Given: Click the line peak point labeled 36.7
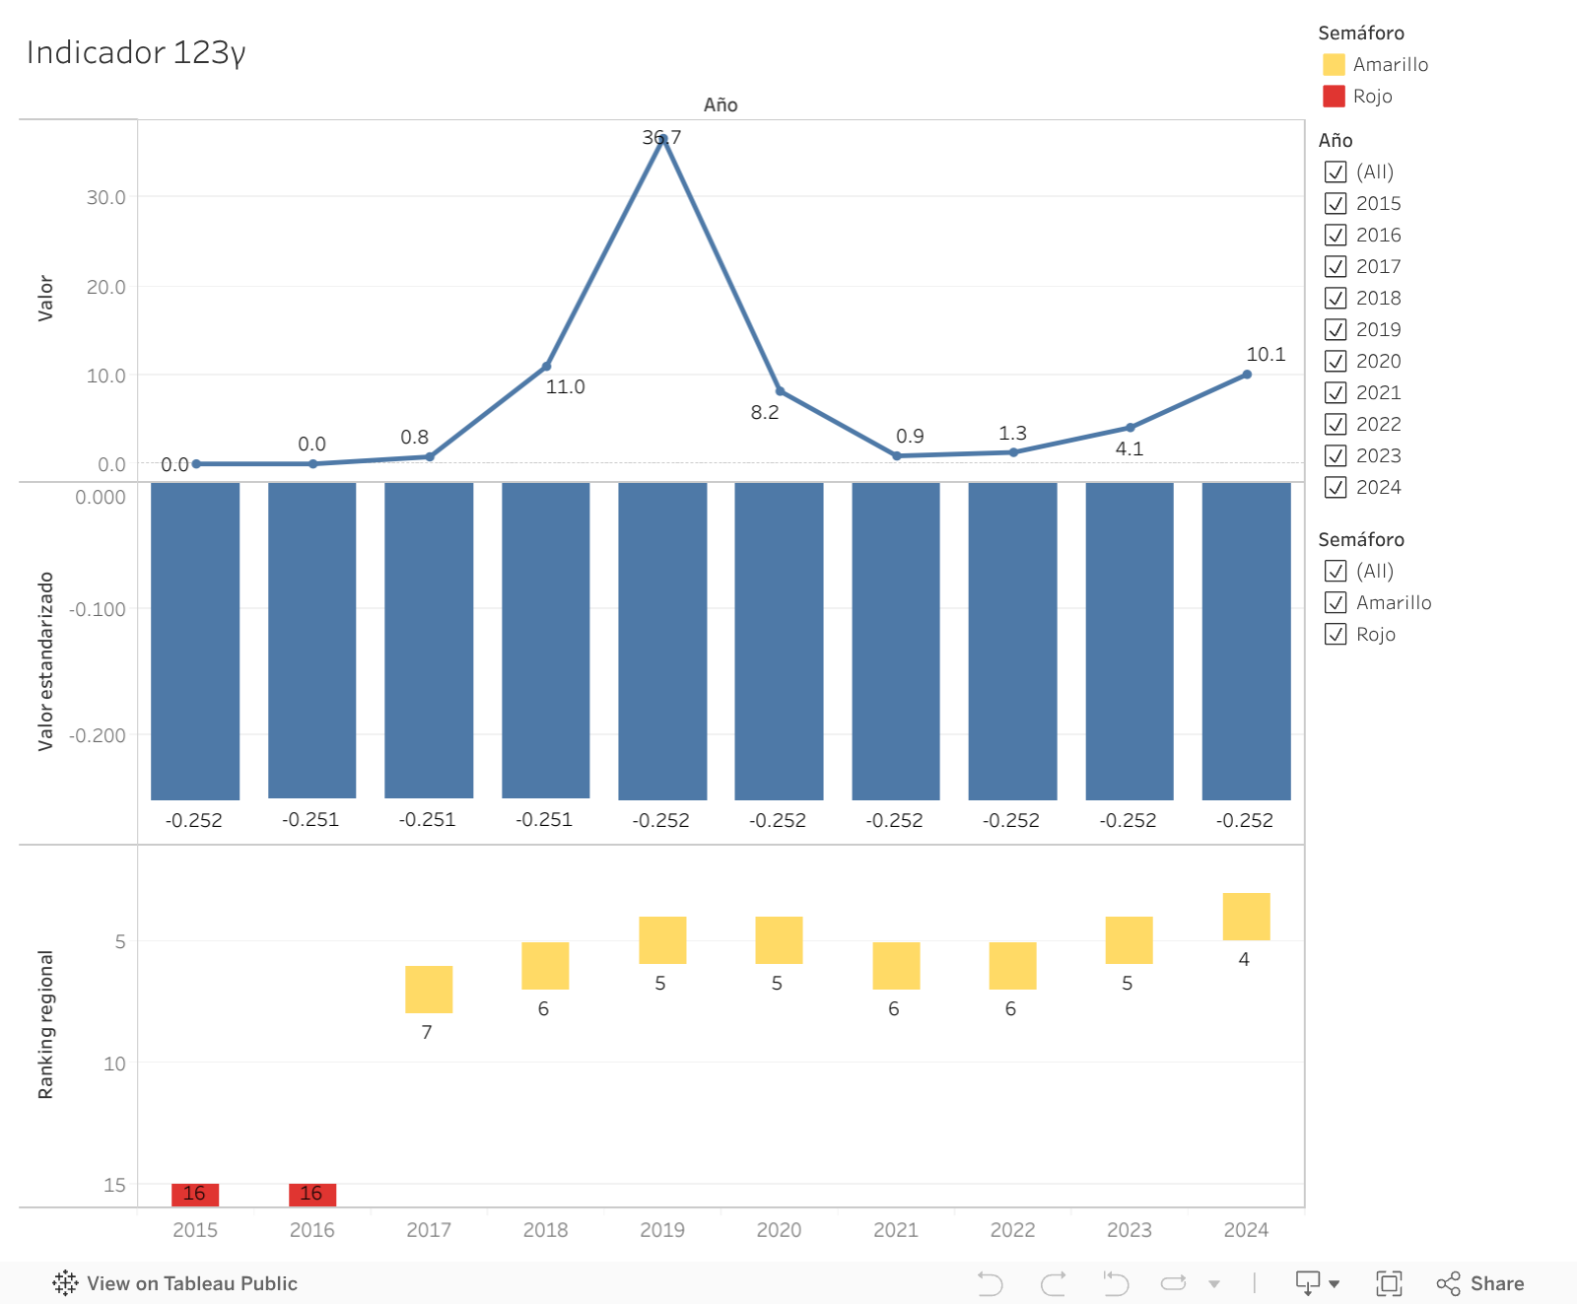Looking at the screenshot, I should pyautogui.click(x=662, y=139).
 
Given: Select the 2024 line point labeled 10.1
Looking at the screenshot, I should pyautogui.click(x=1247, y=375).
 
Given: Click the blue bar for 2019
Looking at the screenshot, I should pyautogui.click(x=662, y=641).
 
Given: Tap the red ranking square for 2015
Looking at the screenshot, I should pyautogui.click(x=195, y=1194).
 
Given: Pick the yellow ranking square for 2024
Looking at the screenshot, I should pyautogui.click(x=1246, y=917).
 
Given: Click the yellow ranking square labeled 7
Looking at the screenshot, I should pyautogui.click(x=429, y=989).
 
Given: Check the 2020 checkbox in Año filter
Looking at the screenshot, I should pyautogui.click(x=1336, y=361).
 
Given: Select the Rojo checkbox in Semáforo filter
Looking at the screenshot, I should pyautogui.click(x=1336, y=634).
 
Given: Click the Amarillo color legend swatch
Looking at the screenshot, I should pyautogui.click(x=1334, y=64).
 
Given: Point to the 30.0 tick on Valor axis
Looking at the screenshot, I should pyautogui.click(x=106, y=197).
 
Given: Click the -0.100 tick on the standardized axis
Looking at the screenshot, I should pyautogui.click(x=98, y=609).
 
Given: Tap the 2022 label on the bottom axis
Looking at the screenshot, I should pyautogui.click(x=1012, y=1230).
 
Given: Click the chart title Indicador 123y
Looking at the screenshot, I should pyautogui.click(x=136, y=52).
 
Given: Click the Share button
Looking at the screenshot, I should pyautogui.click(x=1480, y=1283).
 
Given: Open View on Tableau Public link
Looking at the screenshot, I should pyautogui.click(x=174, y=1283).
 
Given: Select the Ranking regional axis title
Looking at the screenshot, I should pyautogui.click(x=45, y=1025).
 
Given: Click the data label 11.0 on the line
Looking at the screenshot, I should pyautogui.click(x=566, y=386).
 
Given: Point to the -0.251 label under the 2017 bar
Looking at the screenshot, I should pyautogui.click(x=427, y=819).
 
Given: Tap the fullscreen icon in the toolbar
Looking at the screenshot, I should pyautogui.click(x=1389, y=1283).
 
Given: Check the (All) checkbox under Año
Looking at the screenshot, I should pyautogui.click(x=1336, y=172).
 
